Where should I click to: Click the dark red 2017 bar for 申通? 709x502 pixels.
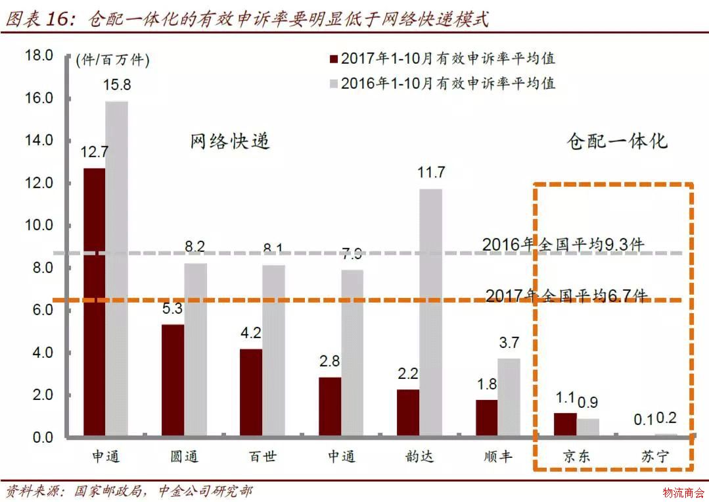click(x=94, y=303)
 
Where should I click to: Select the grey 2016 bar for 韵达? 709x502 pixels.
click(x=431, y=313)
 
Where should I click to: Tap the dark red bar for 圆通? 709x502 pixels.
click(x=173, y=381)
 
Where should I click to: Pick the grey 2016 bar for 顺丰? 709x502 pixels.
click(x=509, y=398)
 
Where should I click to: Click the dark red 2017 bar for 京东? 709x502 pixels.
click(x=565, y=425)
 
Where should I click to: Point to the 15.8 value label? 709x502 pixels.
click(x=117, y=85)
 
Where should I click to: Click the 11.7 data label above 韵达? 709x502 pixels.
click(x=431, y=173)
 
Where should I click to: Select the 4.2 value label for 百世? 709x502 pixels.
click(x=252, y=333)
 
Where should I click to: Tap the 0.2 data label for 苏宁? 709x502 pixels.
click(x=666, y=418)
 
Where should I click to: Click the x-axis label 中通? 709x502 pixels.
click(x=342, y=457)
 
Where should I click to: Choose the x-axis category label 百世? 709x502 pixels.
click(x=263, y=457)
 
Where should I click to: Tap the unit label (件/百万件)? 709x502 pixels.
click(x=113, y=61)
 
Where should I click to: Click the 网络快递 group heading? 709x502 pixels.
click(x=230, y=141)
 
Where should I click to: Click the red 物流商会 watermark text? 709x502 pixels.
click(x=683, y=492)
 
